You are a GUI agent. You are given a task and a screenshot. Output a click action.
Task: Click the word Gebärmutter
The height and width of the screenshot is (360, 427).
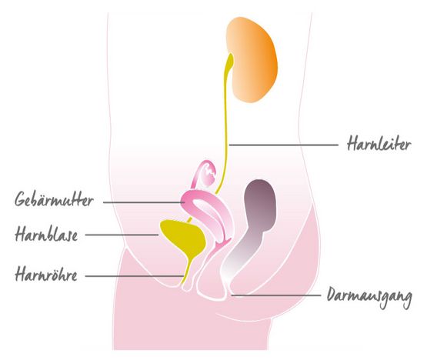[x=54, y=199]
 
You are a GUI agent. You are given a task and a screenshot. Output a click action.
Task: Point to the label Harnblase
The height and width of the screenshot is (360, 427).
[x=46, y=234]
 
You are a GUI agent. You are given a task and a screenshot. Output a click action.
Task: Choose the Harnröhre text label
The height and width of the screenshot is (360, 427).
[x=46, y=274]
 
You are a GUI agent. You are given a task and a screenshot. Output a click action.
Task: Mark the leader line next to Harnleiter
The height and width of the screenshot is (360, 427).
[x=284, y=145]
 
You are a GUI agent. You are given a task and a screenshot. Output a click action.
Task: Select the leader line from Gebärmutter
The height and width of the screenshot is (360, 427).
[x=144, y=202]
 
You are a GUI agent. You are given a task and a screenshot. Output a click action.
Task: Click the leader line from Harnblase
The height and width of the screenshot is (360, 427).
[x=122, y=235]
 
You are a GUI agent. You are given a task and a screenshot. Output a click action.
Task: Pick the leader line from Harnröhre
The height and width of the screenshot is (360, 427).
[x=135, y=276]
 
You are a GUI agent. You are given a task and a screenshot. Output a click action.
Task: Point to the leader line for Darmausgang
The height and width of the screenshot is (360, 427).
[x=276, y=295]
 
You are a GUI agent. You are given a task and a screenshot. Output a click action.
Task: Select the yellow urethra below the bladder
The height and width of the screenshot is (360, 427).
[x=188, y=272]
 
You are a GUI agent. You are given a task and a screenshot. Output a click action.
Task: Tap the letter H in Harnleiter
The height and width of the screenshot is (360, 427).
[x=352, y=143]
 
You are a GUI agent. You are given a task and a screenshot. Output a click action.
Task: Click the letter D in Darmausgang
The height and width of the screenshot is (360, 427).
[x=332, y=294]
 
